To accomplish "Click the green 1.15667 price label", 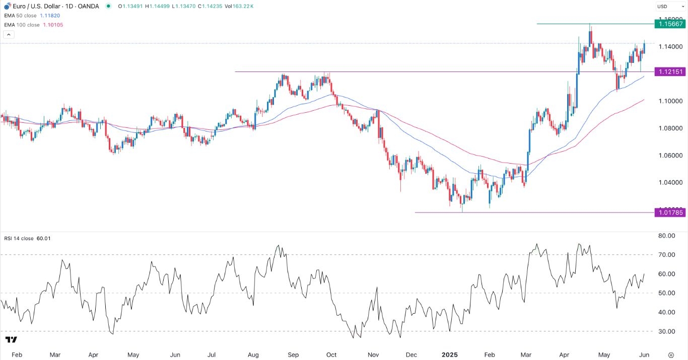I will coord(669,24).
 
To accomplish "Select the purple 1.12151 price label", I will coord(669,72).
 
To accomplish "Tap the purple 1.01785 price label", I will coord(669,212).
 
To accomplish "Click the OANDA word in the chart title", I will coord(89,7).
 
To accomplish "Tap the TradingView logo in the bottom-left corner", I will coord(11,340).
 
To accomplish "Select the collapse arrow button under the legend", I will coord(9,35).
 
